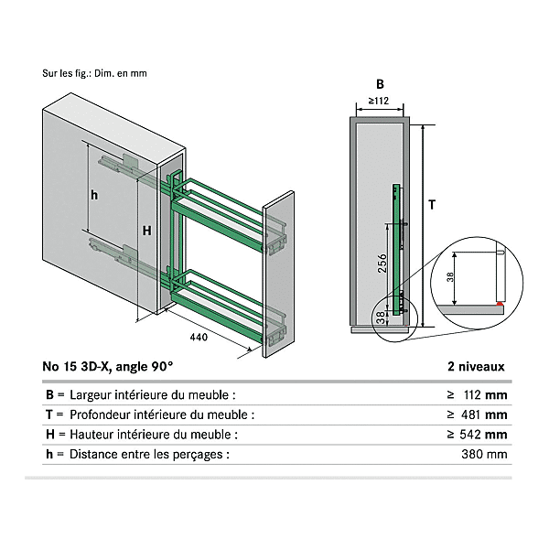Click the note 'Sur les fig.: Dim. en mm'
pyautogui.click(x=94, y=73)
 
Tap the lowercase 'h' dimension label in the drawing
pyautogui.click(x=94, y=194)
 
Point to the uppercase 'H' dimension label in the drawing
pyautogui.click(x=145, y=231)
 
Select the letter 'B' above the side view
pyautogui.click(x=378, y=83)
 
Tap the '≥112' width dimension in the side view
pyautogui.click(x=378, y=101)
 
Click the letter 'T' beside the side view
pyautogui.click(x=432, y=206)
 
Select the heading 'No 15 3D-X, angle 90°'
pyautogui.click(x=107, y=366)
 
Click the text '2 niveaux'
pyautogui.click(x=476, y=366)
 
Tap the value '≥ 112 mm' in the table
pyautogui.click(x=477, y=395)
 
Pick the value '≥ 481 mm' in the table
pyautogui.click(x=477, y=414)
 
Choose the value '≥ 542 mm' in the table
pyautogui.click(x=477, y=435)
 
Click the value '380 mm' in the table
pyautogui.click(x=485, y=454)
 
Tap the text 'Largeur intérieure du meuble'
pyautogui.click(x=151, y=395)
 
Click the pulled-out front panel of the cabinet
pyautogui.click(x=281, y=274)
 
